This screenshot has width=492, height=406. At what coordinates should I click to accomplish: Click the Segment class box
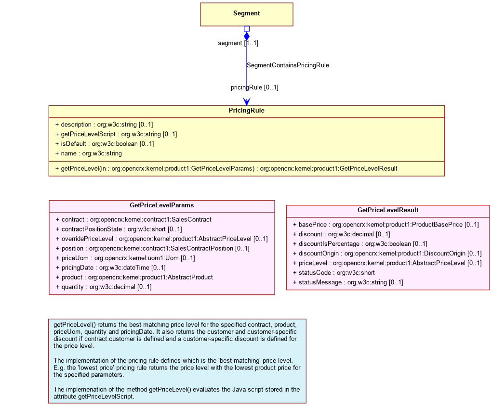pos(247,14)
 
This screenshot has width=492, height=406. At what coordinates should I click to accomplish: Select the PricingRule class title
pos(247,110)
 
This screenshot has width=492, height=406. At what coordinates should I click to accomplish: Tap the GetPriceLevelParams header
pos(162,205)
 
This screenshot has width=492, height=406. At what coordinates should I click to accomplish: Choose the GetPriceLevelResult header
pos(388,210)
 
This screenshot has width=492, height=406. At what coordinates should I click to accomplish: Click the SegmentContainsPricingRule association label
pos(288,65)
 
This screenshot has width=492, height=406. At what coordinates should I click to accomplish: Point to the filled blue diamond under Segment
pos(247,37)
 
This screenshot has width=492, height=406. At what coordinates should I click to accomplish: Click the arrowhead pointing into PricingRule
pos(247,101)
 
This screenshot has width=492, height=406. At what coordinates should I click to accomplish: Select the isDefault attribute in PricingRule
pos(105,143)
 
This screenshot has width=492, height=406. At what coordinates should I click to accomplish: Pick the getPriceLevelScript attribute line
pos(116,134)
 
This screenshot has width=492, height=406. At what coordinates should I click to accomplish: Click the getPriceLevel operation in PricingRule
pos(226,168)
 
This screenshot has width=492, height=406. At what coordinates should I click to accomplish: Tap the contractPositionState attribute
pos(119,229)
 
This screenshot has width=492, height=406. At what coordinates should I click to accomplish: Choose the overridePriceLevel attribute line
pos(162,239)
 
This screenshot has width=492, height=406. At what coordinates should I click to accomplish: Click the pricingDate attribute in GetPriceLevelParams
pos(111,267)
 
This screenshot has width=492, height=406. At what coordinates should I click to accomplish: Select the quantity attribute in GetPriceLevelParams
pos(104,287)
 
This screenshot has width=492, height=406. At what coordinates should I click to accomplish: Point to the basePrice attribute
pos(386,224)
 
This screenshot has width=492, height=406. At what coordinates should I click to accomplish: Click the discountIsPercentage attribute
pos(360,243)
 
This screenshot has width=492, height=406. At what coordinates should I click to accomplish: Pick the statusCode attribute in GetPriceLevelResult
pos(334,272)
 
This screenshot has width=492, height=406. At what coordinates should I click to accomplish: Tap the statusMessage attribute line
pos(348,282)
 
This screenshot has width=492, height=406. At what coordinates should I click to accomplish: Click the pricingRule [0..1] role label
pos(254,88)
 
